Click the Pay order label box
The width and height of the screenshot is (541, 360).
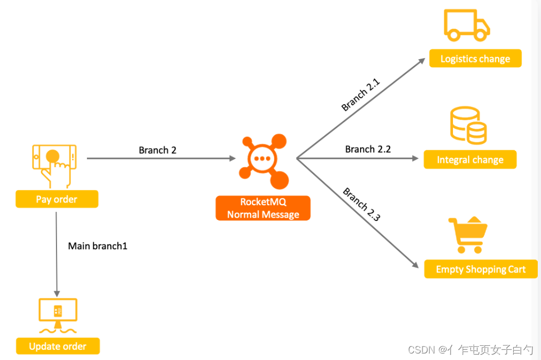click(56, 199)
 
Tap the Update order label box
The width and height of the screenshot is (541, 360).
click(58, 346)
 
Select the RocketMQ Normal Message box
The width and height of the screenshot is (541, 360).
click(263, 208)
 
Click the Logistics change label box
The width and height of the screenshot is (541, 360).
click(475, 59)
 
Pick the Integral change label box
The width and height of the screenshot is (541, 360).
click(470, 160)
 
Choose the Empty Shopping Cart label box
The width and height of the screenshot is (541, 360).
click(481, 269)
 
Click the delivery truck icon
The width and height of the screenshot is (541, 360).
click(467, 26)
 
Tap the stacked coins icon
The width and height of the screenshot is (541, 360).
click(468, 125)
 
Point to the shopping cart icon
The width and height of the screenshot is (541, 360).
click(468, 236)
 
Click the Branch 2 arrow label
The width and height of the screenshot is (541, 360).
click(158, 150)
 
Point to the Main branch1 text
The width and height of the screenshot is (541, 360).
click(98, 246)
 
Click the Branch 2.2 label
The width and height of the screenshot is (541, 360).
click(368, 149)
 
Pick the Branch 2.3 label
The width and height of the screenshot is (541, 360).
click(361, 204)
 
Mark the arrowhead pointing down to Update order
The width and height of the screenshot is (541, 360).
click(56, 292)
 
